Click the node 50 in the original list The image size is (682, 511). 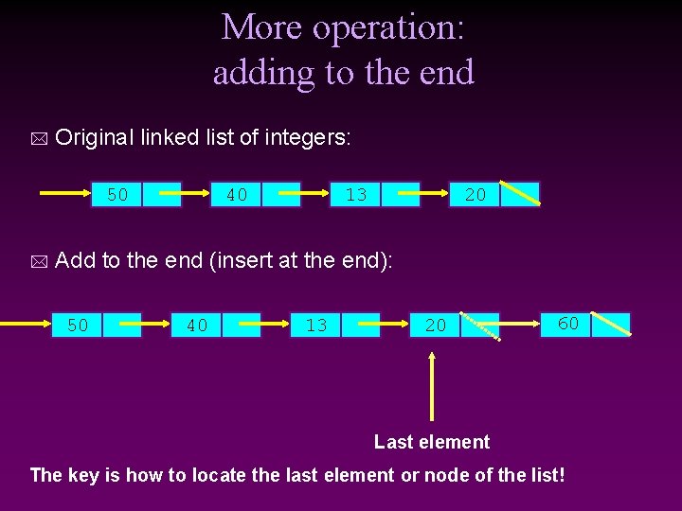(117, 195)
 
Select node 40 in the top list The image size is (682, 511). (237, 195)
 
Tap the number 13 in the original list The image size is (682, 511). (356, 195)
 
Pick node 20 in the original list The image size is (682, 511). (476, 195)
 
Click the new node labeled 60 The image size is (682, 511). (568, 324)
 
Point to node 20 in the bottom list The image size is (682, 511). (436, 326)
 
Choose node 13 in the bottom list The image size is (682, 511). (316, 326)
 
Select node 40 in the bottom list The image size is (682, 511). (197, 326)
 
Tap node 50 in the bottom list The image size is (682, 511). (78, 326)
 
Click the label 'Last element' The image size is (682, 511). (432, 442)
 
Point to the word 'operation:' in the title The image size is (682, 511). (388, 27)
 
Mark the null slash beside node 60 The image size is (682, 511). (612, 324)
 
